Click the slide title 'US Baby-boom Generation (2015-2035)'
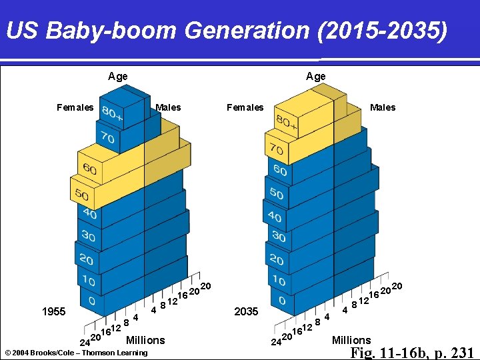click(226, 31)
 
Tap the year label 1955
click(53, 311)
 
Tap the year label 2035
click(246, 311)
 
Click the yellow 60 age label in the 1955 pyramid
click(89, 169)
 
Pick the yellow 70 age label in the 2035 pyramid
click(275, 149)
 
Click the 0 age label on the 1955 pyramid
click(91, 301)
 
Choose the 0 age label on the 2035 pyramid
click(282, 301)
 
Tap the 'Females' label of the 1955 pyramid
click(75, 107)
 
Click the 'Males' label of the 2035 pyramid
click(383, 107)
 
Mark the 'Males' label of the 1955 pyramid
click(168, 107)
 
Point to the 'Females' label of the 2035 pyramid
click(245, 107)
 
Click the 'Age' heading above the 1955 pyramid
click(118, 77)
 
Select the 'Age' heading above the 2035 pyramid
click(316, 77)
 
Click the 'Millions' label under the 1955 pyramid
click(145, 340)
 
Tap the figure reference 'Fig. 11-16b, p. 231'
click(411, 353)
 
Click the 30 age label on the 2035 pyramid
click(279, 237)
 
